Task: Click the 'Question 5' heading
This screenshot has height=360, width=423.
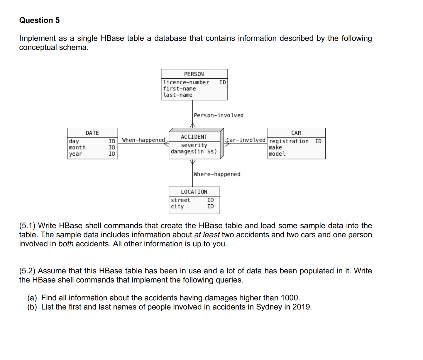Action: (39, 20)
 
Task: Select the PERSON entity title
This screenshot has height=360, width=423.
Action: (194, 74)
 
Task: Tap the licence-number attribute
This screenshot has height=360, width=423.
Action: (186, 83)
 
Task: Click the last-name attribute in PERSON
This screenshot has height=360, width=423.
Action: (178, 95)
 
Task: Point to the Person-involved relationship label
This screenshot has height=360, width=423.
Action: (219, 115)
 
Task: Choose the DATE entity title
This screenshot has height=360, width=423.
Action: (92, 133)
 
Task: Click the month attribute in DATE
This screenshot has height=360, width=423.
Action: (77, 147)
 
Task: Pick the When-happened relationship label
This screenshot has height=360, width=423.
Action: (143, 140)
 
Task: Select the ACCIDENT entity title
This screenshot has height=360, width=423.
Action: (194, 137)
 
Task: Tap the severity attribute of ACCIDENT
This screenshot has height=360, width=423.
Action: (194, 145)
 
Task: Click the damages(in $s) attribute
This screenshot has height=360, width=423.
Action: (194, 152)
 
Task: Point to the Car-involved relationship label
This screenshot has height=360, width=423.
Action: (246, 140)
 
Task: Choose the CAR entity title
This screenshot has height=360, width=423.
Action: (296, 133)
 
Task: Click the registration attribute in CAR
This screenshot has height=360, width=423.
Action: (289, 141)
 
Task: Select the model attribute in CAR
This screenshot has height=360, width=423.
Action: (277, 154)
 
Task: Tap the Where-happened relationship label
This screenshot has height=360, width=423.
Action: (217, 174)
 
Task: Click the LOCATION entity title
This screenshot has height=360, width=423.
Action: (194, 192)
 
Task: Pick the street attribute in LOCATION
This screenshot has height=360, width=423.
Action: (180, 200)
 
